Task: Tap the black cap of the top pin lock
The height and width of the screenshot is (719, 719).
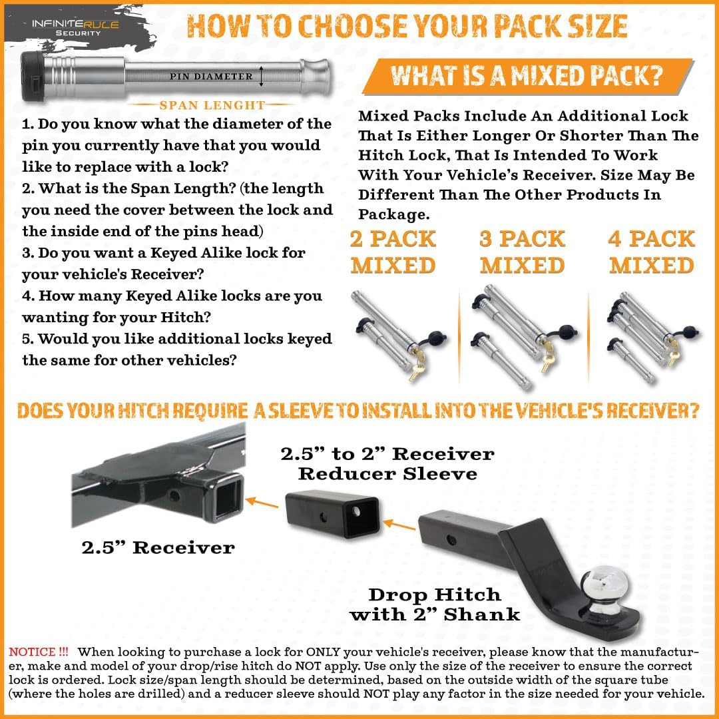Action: click(x=33, y=77)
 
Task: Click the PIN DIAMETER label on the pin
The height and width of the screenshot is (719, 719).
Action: click(x=211, y=77)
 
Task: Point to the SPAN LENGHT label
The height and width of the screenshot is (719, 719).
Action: click(x=212, y=105)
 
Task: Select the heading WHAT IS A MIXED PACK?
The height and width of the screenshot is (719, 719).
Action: click(x=526, y=76)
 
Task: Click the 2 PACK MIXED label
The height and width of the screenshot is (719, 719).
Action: click(x=393, y=252)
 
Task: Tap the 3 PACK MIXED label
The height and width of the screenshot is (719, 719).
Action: click(x=523, y=252)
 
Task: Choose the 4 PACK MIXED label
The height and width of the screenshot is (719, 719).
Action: click(x=652, y=252)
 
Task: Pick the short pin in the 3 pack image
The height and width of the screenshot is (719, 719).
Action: click(x=499, y=359)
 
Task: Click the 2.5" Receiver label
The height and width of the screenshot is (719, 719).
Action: click(x=158, y=548)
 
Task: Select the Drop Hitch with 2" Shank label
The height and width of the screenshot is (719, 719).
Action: click(x=435, y=604)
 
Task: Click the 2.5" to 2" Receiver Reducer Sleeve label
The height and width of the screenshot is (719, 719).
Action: click(x=387, y=463)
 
